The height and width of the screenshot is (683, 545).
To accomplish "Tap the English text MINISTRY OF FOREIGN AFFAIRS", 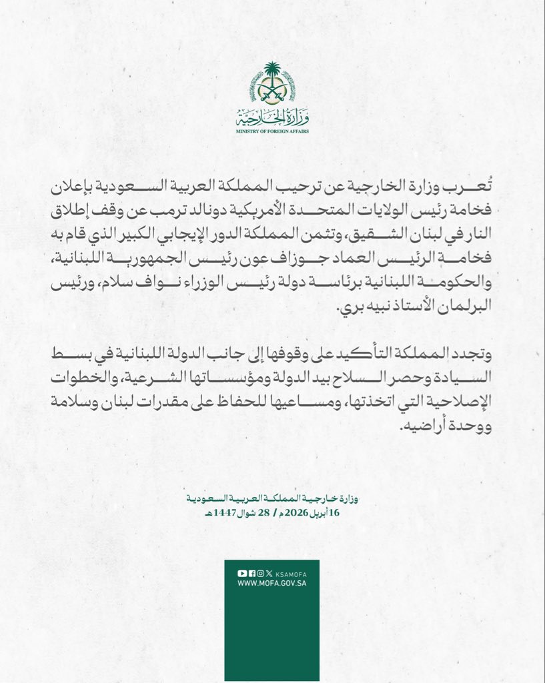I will point(272,131).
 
